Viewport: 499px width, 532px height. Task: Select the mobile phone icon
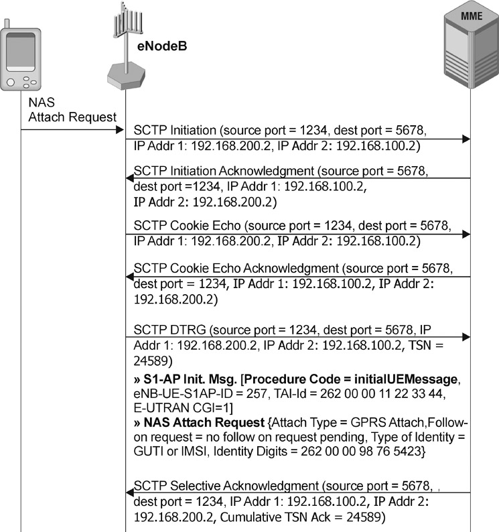pos(19,56)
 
